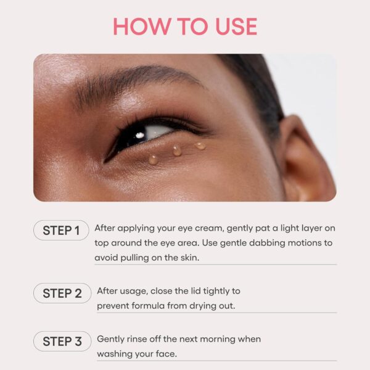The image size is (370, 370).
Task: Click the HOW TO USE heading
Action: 185,26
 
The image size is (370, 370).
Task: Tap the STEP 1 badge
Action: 61,231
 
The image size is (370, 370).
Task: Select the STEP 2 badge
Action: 61,293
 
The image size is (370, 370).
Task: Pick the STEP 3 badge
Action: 61,341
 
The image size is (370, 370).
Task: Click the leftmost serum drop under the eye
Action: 153,159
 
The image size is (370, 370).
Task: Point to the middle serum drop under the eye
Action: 177,150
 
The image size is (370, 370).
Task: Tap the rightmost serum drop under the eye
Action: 200,146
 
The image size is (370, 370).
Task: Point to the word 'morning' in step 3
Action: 224,340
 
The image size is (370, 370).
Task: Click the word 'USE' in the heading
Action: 232,26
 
